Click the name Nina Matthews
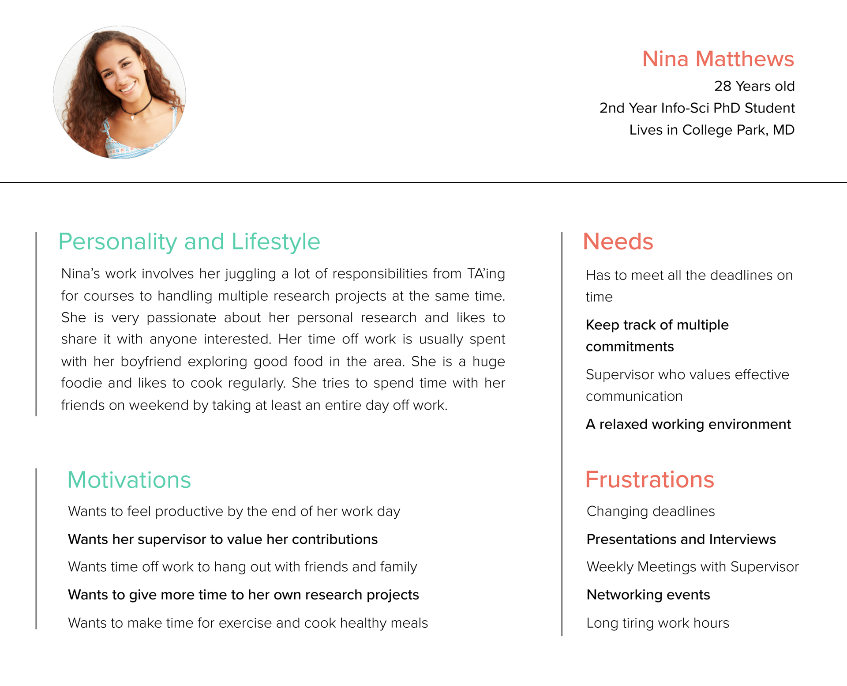click(718, 59)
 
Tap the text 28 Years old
click(754, 86)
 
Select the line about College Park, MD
click(712, 130)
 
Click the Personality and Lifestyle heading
click(189, 241)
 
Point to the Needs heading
click(618, 241)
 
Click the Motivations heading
click(129, 480)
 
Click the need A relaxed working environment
click(688, 424)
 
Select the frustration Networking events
click(648, 595)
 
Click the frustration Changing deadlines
click(651, 511)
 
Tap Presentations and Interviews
click(681, 539)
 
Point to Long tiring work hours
click(658, 623)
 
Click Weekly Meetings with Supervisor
click(693, 567)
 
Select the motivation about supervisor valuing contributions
click(223, 539)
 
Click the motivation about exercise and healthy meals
click(248, 623)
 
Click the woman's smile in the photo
click(127, 87)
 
